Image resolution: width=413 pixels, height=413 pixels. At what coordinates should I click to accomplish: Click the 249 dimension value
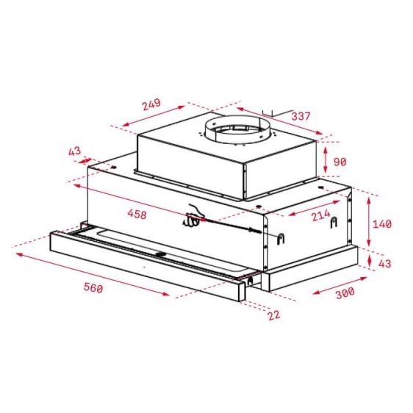(x=151, y=104)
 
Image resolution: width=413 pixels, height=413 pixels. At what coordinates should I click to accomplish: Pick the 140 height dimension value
(x=383, y=224)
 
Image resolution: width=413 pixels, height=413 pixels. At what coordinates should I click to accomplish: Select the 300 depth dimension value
(x=345, y=292)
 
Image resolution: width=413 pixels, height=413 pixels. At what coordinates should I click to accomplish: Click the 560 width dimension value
(x=92, y=288)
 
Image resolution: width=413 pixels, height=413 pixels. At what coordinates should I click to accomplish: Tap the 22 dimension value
(x=274, y=315)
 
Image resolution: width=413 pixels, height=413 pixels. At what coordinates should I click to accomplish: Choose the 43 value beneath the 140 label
(x=384, y=263)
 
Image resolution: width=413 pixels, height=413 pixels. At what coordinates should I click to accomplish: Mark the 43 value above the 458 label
(x=74, y=151)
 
